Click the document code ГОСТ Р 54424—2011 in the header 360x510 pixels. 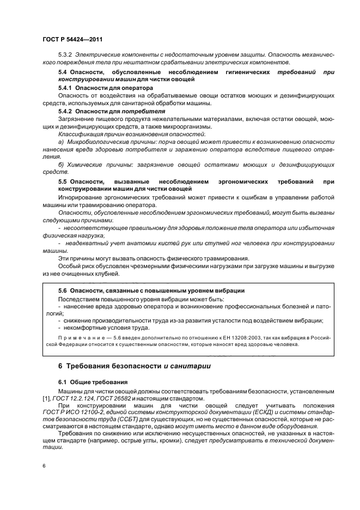click(x=72, y=40)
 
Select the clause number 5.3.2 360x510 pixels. click(x=65, y=56)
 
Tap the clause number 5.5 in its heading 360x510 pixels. click(x=63, y=180)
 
